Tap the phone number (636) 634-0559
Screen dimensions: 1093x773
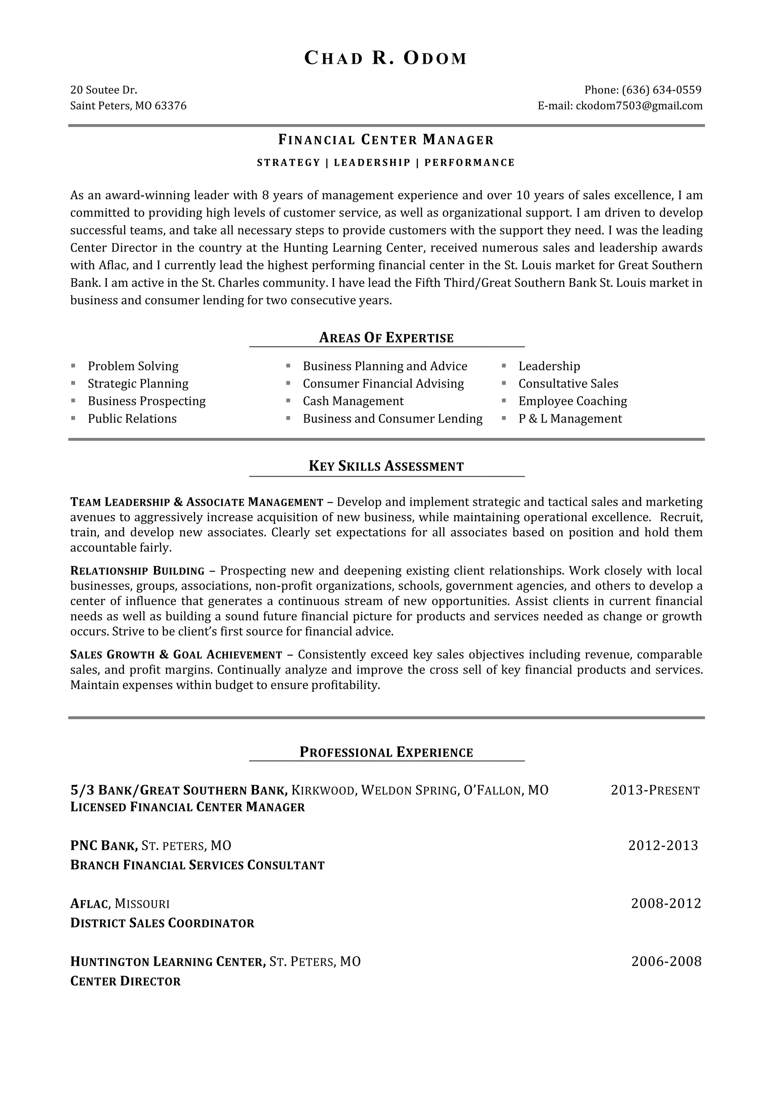tap(662, 90)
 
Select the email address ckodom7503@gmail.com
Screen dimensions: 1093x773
tap(639, 106)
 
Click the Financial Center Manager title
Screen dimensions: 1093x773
tap(386, 140)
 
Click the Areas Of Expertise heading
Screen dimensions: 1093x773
tap(386, 338)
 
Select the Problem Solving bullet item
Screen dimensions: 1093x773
tap(133, 366)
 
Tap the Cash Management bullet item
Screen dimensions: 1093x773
tap(353, 401)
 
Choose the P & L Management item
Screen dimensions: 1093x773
tap(570, 419)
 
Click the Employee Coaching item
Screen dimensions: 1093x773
tap(573, 401)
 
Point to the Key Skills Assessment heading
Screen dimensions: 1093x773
tap(386, 466)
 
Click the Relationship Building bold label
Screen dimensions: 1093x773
tap(137, 571)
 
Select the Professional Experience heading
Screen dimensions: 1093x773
tap(386, 752)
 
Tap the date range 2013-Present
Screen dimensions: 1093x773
tap(655, 790)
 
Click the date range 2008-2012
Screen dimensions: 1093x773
tap(666, 903)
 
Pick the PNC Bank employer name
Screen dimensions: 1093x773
tap(104, 845)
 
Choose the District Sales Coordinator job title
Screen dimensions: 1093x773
tap(162, 923)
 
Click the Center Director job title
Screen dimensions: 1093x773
tap(125, 981)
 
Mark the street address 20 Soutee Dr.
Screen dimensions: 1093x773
tap(104, 90)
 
